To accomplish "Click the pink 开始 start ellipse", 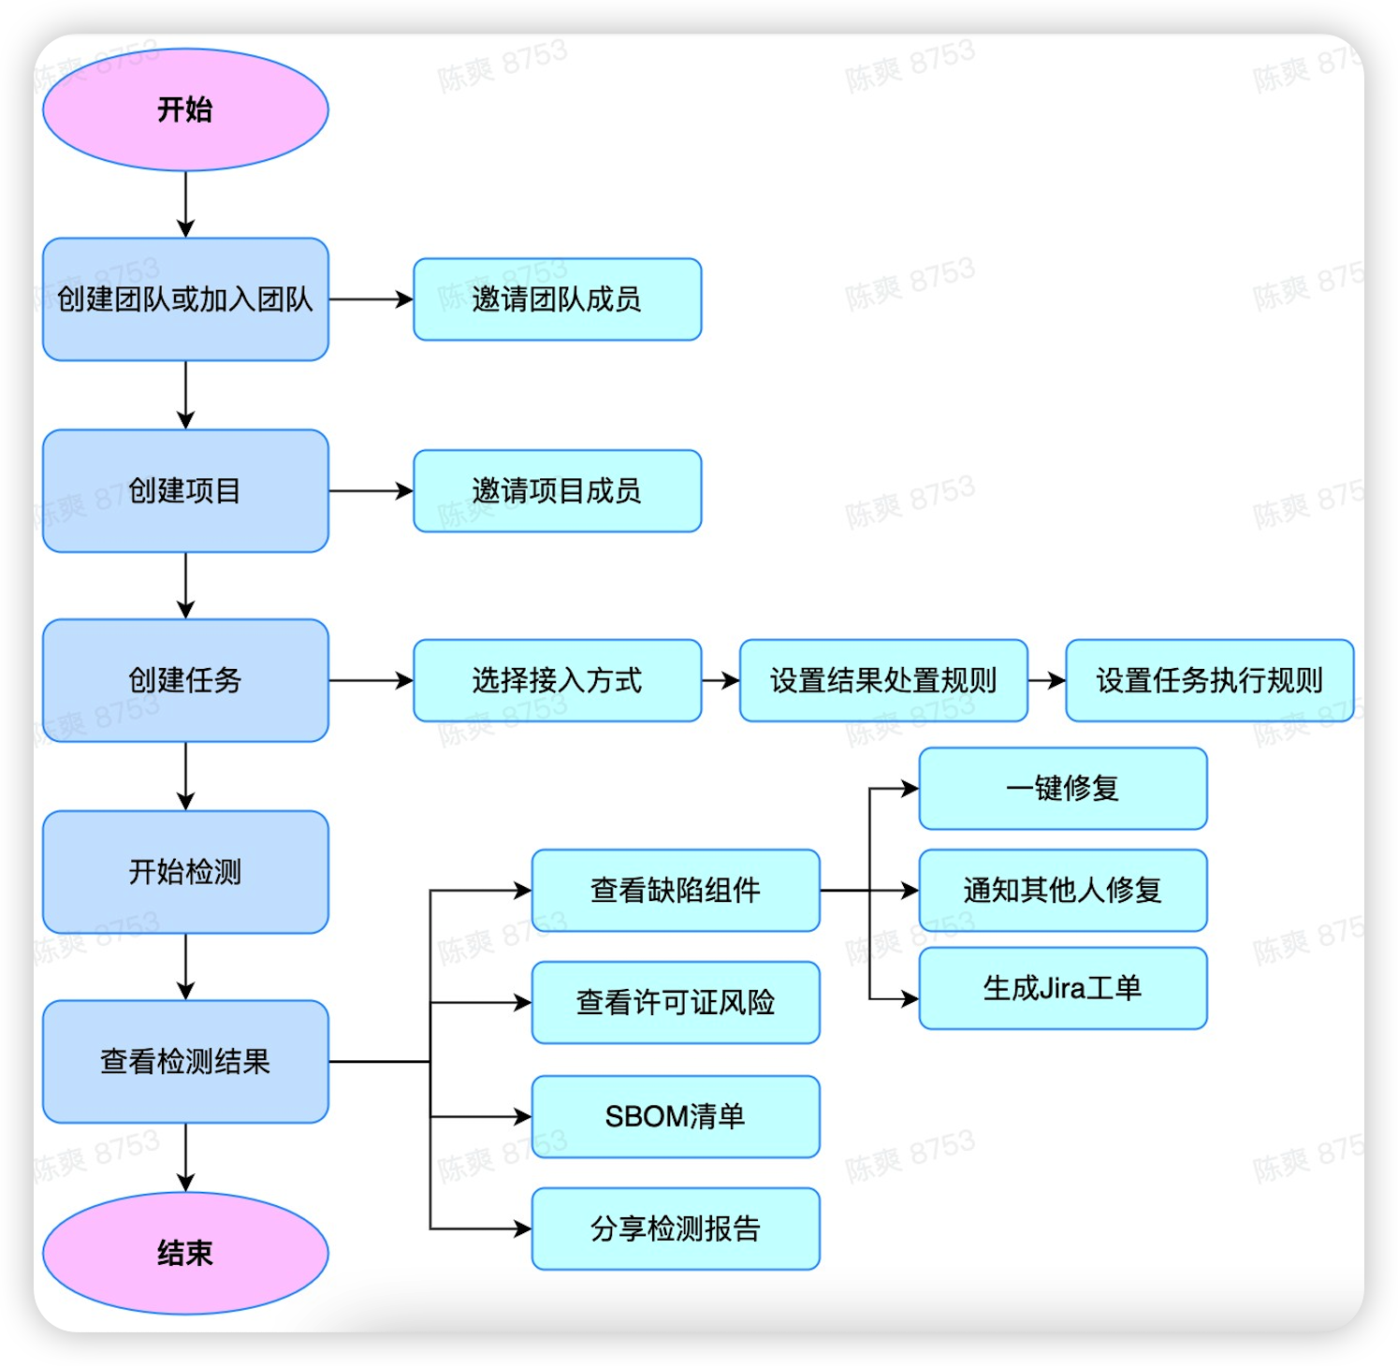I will click(185, 109).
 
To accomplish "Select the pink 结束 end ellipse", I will click(185, 1253).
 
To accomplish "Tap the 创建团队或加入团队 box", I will click(185, 299).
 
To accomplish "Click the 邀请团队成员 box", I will click(557, 299).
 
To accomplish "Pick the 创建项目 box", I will click(185, 491).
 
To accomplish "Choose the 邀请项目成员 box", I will click(557, 491).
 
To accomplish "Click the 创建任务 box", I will click(185, 680).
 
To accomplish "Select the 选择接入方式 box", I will click(557, 680).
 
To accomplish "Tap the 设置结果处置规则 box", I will click(882, 680).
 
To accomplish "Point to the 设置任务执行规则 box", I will click(1209, 680).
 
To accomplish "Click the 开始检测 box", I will click(185, 872).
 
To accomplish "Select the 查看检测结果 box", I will click(185, 1062).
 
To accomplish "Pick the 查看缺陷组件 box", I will click(675, 890).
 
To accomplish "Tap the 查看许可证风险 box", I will click(675, 1002).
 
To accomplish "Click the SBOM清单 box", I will click(675, 1116).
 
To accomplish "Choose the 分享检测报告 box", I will click(675, 1228).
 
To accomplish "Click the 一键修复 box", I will click(1062, 789).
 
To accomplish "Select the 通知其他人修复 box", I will click(1062, 890).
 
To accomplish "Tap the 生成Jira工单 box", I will click(1062, 988).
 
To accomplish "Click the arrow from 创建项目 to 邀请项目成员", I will click(371, 491).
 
